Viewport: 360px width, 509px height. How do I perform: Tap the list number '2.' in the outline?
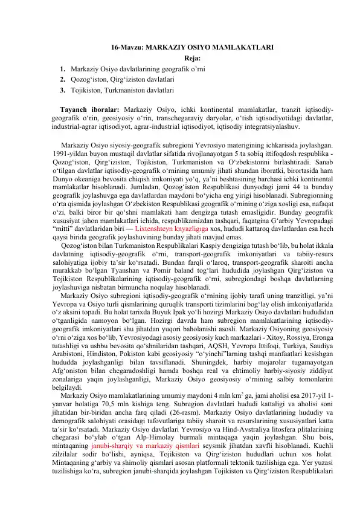pyautogui.click(x=62, y=79)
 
